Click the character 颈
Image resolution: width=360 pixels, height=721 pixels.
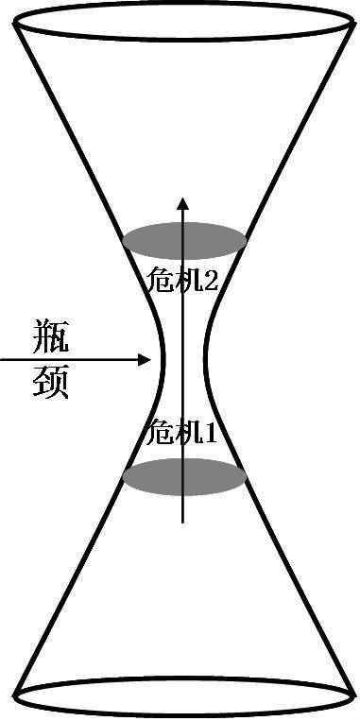pos(49,382)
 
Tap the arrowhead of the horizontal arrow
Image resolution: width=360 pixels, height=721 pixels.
pos(146,359)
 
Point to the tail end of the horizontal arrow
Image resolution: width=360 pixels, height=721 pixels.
pos(2,359)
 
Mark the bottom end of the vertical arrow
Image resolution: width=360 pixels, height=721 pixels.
pos(184,524)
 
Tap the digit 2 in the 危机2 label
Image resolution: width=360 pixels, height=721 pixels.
pos(213,279)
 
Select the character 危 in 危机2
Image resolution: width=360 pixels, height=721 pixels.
pos(160,279)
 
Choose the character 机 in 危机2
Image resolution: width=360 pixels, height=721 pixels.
pos(189,279)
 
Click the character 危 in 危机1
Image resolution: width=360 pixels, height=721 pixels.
pos(160,434)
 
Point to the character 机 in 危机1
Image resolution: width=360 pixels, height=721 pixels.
pos(189,434)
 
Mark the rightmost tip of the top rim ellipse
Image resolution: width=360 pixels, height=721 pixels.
pos(353,23)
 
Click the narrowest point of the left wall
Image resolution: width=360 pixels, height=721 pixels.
pos(163,359)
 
